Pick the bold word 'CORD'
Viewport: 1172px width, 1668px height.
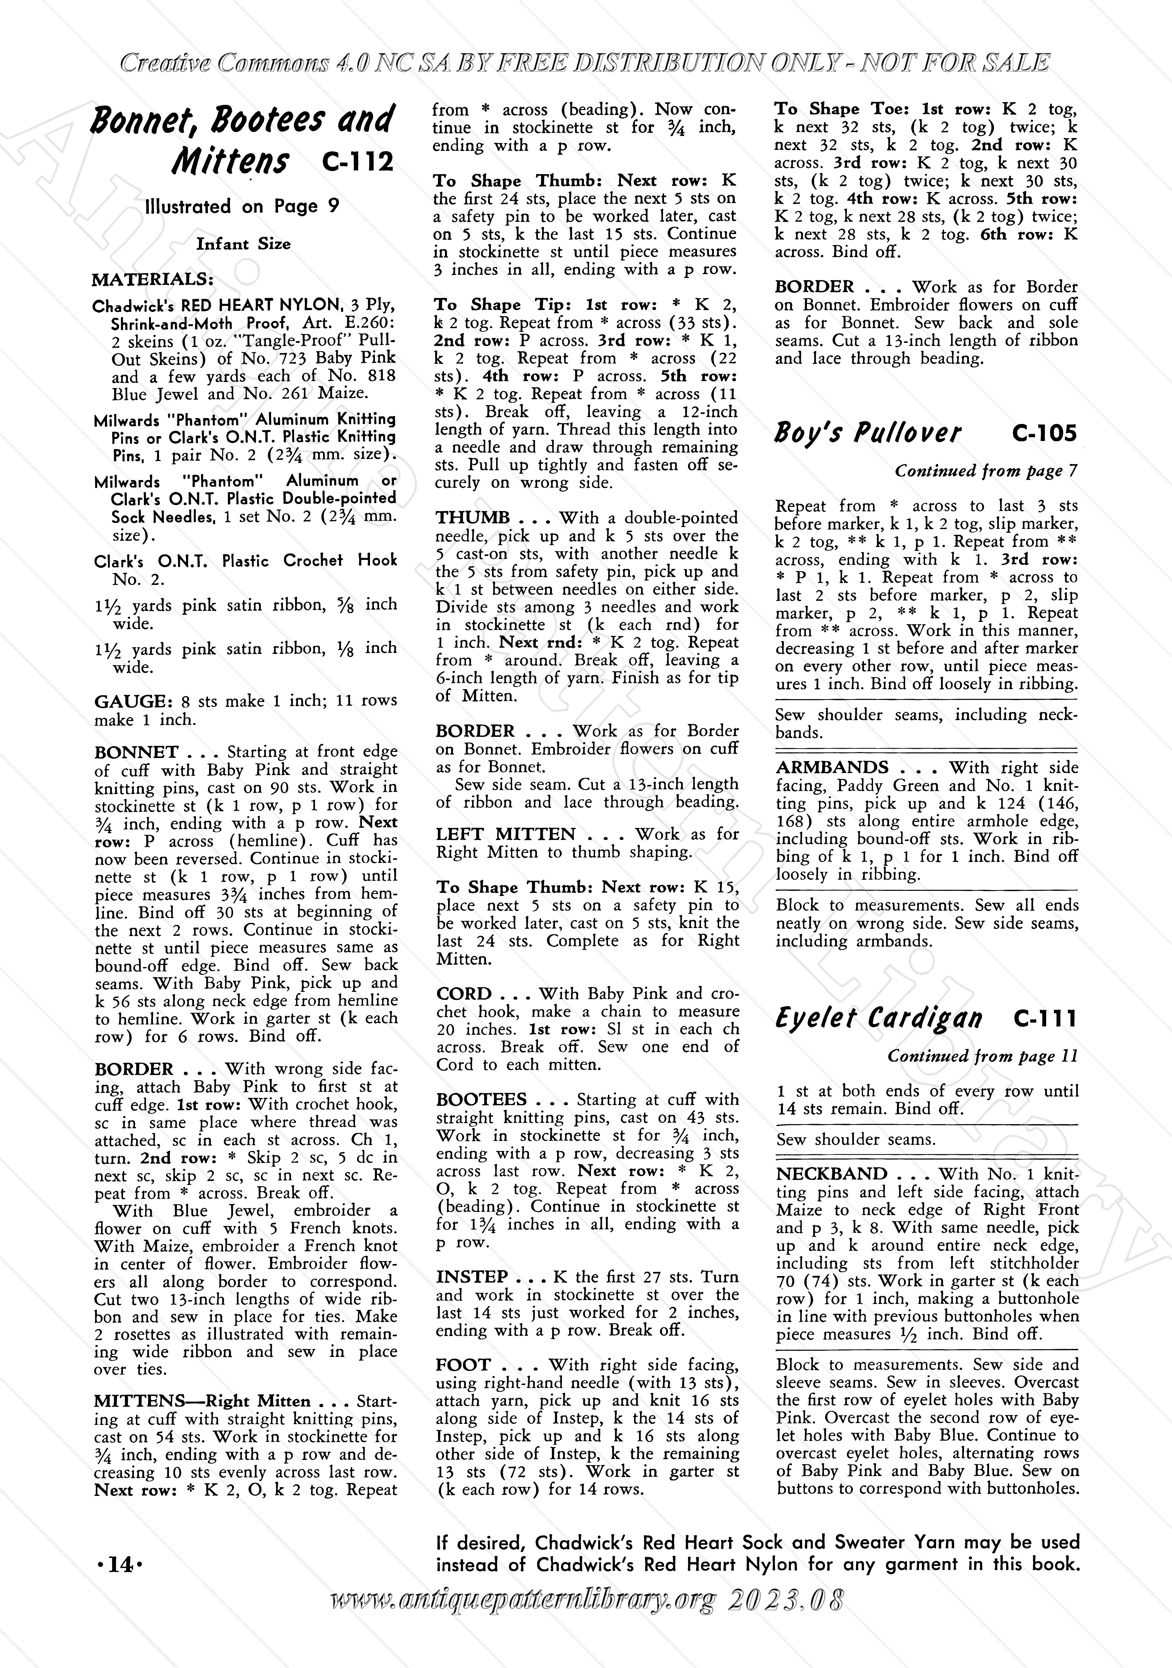click(x=464, y=994)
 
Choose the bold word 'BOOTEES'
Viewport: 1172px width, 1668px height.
click(x=481, y=1100)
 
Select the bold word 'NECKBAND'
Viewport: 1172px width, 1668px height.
click(x=831, y=1175)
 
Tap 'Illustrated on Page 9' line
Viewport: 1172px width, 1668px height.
click(x=242, y=207)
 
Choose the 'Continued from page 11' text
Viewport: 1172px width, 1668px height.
click(x=982, y=1056)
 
